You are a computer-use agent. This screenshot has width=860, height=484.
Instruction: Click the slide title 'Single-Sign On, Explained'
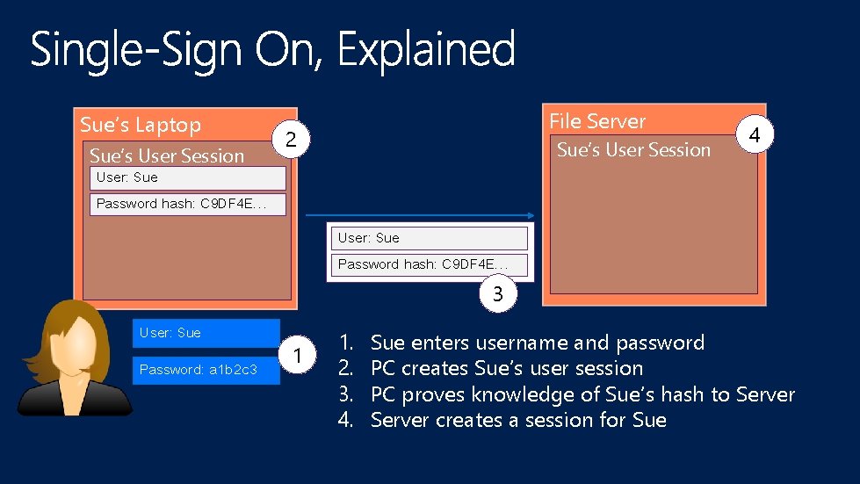pyautogui.click(x=272, y=49)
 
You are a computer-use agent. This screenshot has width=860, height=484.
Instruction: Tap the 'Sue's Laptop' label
pyautogui.click(x=141, y=125)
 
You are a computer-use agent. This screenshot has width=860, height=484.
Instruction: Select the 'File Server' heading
pyautogui.click(x=597, y=121)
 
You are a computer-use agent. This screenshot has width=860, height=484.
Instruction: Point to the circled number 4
pyautogui.click(x=754, y=135)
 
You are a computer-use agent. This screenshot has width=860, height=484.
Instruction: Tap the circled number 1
pyautogui.click(x=300, y=356)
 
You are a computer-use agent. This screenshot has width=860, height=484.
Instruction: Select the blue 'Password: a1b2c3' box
pyautogui.click(x=206, y=370)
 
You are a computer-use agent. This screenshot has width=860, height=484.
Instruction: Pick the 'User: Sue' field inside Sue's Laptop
pyautogui.click(x=189, y=177)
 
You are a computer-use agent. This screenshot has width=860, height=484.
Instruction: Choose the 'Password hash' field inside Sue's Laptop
pyautogui.click(x=189, y=205)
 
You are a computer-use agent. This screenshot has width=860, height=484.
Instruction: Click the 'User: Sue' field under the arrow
pyautogui.click(x=430, y=238)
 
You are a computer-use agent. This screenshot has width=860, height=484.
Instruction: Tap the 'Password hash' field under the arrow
pyautogui.click(x=430, y=264)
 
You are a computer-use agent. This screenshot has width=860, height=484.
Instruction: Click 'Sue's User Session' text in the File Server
pyautogui.click(x=633, y=150)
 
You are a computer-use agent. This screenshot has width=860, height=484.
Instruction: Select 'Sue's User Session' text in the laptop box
pyautogui.click(x=167, y=156)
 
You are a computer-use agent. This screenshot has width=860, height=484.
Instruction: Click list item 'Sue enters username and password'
pyautogui.click(x=538, y=343)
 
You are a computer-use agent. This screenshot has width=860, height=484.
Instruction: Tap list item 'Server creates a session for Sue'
pyautogui.click(x=518, y=420)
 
